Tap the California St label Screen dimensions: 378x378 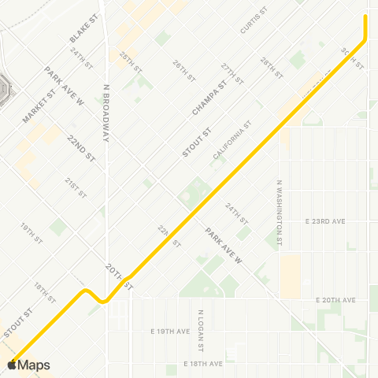coord(232,140)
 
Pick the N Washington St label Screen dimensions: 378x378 coord(279,212)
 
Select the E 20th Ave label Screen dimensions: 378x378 coord(335,300)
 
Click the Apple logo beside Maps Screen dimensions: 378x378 coord(11,365)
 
